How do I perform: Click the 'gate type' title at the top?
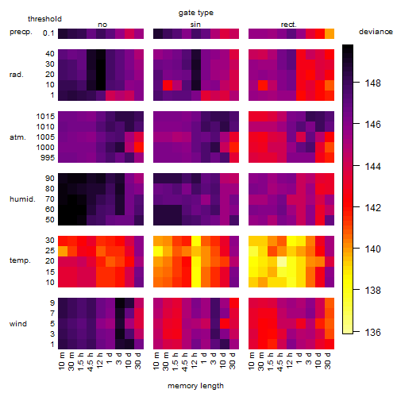click(196, 13)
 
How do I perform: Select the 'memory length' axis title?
click(195, 386)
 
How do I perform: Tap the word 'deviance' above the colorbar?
click(376, 32)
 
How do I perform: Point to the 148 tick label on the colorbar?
click(372, 83)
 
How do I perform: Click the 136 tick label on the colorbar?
click(372, 332)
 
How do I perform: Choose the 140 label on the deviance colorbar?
click(372, 249)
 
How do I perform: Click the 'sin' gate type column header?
click(195, 25)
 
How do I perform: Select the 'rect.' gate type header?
click(288, 25)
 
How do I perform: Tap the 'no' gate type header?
click(102, 25)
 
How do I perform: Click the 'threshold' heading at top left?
click(44, 19)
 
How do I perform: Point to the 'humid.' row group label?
click(22, 199)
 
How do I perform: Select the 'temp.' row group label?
click(20, 260)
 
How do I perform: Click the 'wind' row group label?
click(18, 324)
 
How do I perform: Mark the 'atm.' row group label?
click(17, 137)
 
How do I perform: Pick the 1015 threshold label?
click(45, 117)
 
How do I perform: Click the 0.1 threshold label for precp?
click(48, 33)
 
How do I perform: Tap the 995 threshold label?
click(48, 158)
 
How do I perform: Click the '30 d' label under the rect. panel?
click(327, 360)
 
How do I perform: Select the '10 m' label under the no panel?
click(61, 360)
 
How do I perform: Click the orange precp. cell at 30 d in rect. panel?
click(330, 33)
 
